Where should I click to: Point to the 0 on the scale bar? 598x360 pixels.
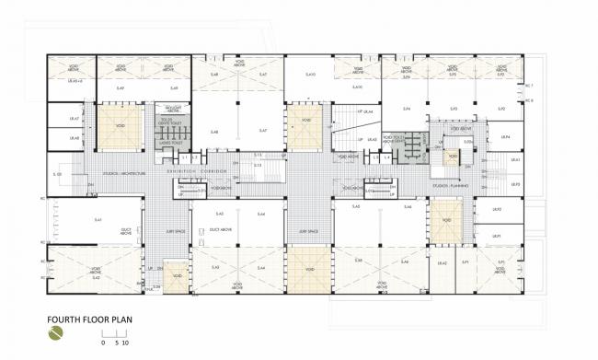[x=103, y=342]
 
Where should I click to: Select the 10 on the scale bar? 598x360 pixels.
[x=123, y=342]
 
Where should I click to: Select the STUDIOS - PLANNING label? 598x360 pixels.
[x=452, y=185]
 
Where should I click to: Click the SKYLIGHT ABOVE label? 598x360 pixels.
[x=171, y=109]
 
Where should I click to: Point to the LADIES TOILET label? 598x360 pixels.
[x=171, y=143]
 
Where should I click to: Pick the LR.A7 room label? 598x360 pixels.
[x=75, y=119]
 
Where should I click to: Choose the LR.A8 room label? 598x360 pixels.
[x=75, y=139]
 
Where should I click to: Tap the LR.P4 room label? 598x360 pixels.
[x=504, y=136]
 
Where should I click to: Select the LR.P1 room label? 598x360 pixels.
[x=497, y=236]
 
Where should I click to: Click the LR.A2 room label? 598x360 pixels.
[x=443, y=264]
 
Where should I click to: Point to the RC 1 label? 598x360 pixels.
[x=529, y=86]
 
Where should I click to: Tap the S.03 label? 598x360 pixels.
[x=57, y=174]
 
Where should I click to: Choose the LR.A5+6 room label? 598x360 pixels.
[x=76, y=82]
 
